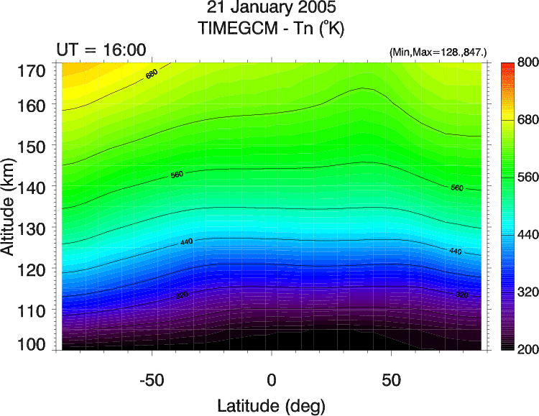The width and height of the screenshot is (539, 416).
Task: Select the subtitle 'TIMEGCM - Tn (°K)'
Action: click(271, 30)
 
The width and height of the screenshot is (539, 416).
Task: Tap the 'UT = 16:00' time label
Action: click(101, 50)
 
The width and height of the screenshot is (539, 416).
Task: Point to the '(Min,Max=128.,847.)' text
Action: click(438, 52)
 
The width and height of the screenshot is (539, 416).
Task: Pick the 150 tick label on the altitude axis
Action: click(33, 146)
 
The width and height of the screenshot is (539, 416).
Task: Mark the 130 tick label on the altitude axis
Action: click(33, 228)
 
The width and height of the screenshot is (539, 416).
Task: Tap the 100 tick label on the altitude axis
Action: click(33, 344)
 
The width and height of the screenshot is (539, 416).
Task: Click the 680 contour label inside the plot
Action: click(152, 73)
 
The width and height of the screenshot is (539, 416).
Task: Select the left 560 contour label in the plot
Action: click(178, 175)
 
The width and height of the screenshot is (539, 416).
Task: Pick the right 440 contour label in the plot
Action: click(455, 251)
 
